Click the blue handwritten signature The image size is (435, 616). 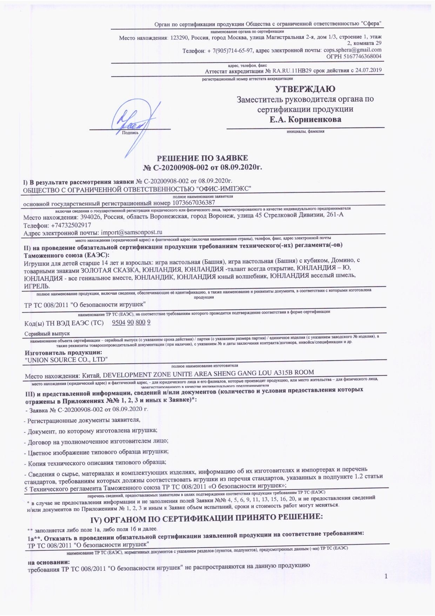tap(135, 123)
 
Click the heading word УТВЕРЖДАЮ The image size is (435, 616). tap(305, 89)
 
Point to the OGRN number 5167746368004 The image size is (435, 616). tap(364, 57)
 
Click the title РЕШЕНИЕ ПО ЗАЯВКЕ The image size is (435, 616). tap(202, 158)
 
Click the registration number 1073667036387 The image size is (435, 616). tap(193, 203)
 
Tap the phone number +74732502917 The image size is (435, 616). tap(71, 225)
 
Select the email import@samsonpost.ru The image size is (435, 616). tap(131, 232)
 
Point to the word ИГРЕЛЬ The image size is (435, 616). tap(37, 286)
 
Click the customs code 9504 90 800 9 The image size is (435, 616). tap(131, 323)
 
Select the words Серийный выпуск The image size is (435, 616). tap(47, 333)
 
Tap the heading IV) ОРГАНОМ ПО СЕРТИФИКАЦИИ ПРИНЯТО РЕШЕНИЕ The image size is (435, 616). tap(206, 517)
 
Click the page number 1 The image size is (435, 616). tap(386, 576)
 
